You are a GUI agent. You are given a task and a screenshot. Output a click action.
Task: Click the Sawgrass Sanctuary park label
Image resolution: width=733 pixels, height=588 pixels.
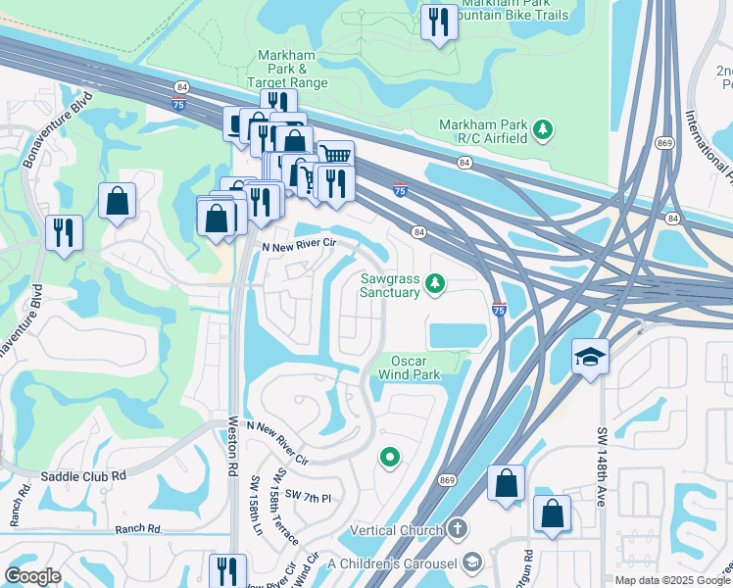(x=389, y=284)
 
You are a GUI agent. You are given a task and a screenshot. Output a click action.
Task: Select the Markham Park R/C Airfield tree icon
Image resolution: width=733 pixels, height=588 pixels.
(x=542, y=129)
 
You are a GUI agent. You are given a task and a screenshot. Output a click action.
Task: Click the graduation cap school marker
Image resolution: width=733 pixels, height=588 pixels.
(x=591, y=358)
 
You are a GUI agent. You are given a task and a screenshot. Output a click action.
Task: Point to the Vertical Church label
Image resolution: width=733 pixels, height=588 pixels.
(x=398, y=529)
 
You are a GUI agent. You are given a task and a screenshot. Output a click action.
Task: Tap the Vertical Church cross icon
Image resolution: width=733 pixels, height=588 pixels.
(x=457, y=528)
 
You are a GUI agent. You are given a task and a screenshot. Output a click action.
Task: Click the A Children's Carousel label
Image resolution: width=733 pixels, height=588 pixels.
(x=394, y=563)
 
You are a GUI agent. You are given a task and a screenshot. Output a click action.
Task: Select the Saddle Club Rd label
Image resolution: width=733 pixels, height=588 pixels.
(x=84, y=475)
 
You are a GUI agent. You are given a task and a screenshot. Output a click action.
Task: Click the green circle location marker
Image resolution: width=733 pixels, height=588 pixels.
(x=390, y=457)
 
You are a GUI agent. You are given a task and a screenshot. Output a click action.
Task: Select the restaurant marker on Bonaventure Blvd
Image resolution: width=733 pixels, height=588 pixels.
(x=64, y=233)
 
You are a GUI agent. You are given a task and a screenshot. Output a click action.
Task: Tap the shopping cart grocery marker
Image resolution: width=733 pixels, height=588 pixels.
(x=336, y=156)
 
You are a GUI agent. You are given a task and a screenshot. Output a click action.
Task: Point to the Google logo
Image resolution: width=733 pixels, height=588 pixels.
(x=33, y=576)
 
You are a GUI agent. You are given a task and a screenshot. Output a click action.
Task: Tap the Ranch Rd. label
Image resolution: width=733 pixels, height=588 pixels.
(x=137, y=528)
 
